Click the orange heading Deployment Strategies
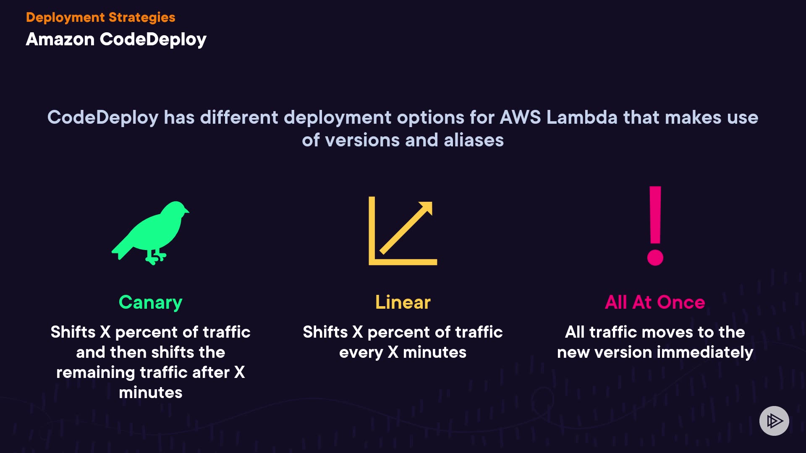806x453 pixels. [100, 17]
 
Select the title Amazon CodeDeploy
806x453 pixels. [116, 39]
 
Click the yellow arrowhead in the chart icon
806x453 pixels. [426, 208]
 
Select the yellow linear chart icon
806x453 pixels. [402, 231]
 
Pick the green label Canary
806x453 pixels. [150, 302]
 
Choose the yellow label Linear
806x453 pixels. [403, 302]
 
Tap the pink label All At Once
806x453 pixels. [654, 302]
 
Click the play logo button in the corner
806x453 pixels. [774, 421]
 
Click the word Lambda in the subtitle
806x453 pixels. [582, 117]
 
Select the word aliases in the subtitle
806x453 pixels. [474, 140]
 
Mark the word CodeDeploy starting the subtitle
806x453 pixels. [103, 117]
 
